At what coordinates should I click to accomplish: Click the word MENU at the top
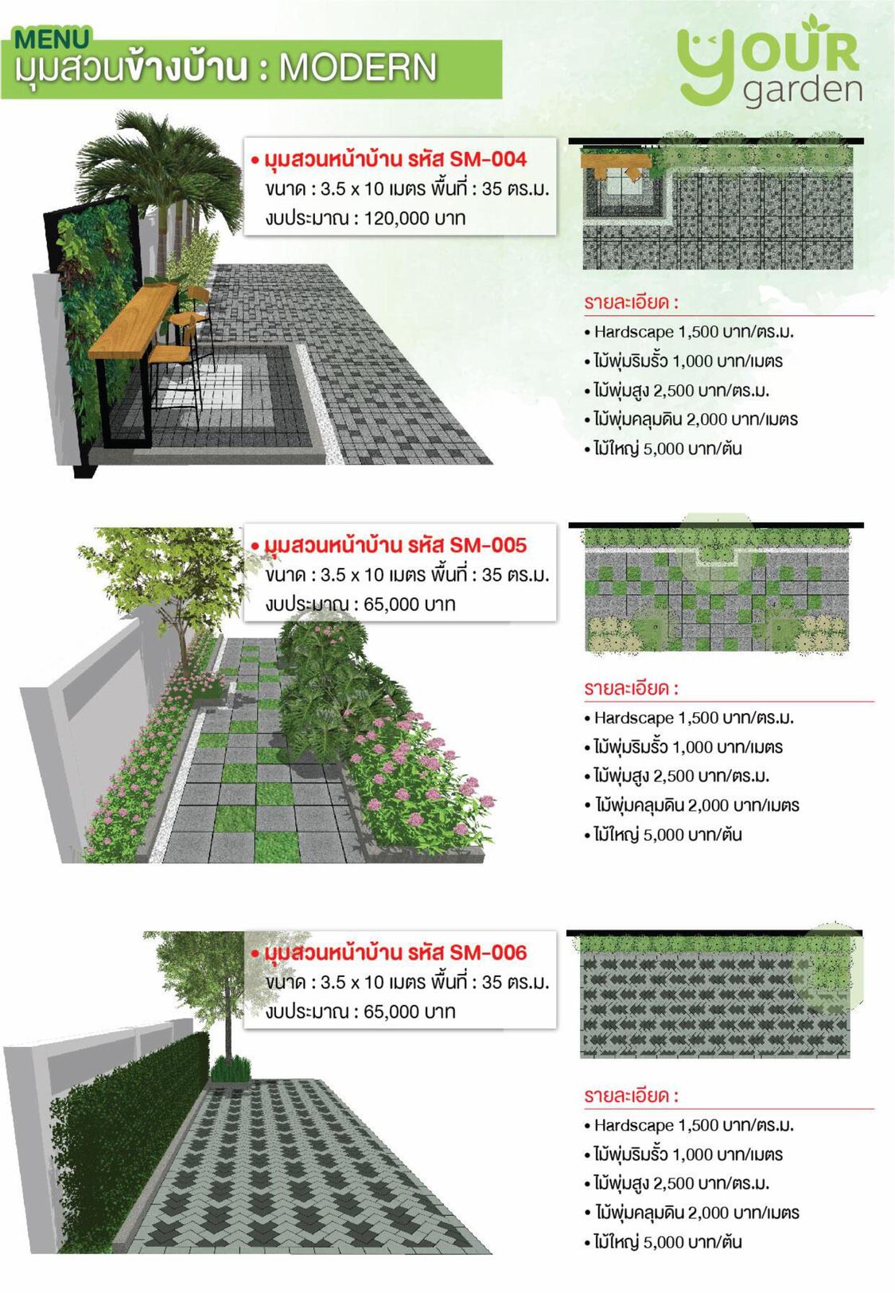click(x=53, y=39)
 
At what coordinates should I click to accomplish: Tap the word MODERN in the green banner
click(x=358, y=68)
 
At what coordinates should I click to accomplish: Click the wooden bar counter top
click(x=134, y=320)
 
